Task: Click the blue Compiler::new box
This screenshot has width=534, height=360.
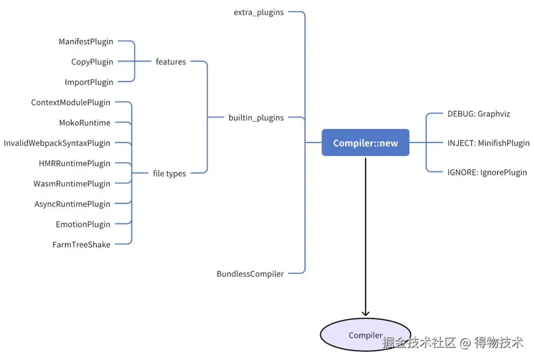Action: click(365, 143)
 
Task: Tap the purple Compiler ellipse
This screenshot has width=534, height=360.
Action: click(365, 335)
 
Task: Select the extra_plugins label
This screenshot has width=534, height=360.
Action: click(259, 12)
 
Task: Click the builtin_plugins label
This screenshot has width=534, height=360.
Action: click(256, 118)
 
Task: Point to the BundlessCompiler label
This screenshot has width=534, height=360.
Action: click(250, 274)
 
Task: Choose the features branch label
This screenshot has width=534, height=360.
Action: click(171, 62)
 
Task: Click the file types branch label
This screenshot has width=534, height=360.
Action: click(169, 174)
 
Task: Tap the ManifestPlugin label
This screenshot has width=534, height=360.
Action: click(86, 42)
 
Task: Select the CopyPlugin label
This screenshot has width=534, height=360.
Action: click(92, 62)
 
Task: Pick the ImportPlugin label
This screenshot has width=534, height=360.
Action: click(89, 83)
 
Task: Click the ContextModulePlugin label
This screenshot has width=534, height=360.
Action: click(71, 102)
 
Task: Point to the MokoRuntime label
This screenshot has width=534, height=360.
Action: click(85, 123)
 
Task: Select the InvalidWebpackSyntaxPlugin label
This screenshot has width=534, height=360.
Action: click(57, 143)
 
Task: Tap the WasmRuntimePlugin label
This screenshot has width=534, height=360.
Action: click(72, 184)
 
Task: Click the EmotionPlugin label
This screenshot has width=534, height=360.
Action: click(83, 225)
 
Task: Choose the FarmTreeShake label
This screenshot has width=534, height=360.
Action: click(82, 245)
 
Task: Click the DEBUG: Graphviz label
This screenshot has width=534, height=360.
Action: click(479, 114)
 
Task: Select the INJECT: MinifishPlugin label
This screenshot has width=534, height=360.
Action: click(489, 143)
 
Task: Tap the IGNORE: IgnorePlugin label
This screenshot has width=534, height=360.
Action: click(487, 173)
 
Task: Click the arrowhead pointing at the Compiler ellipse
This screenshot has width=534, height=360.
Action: click(365, 314)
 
